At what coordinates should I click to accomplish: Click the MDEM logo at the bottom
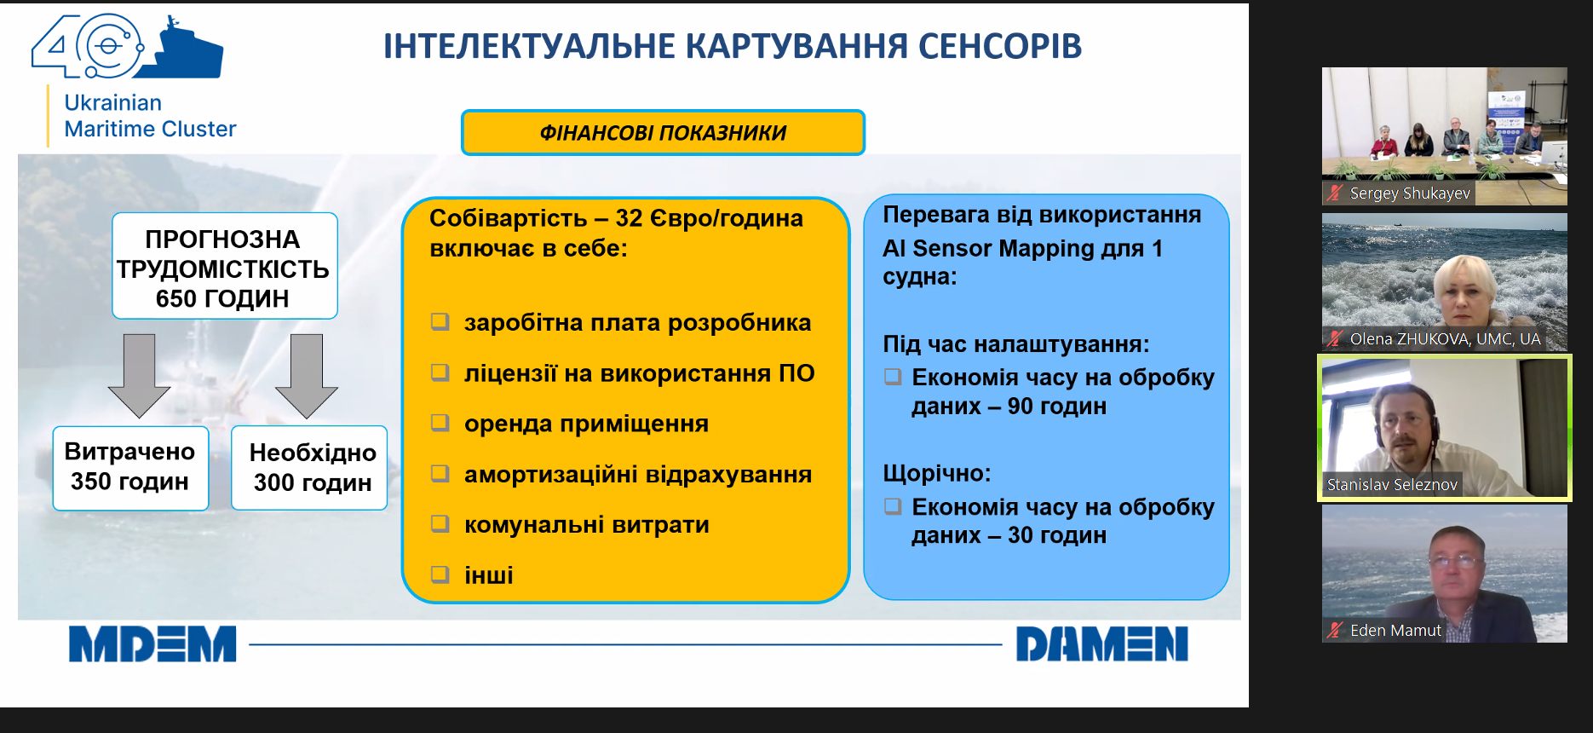[x=152, y=644]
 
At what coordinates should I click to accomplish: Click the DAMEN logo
[x=1101, y=644]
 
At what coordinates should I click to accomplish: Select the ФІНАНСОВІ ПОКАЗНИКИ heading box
[x=663, y=132]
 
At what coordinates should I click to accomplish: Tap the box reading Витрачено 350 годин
[x=130, y=467]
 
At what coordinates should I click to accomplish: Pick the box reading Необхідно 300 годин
[x=309, y=468]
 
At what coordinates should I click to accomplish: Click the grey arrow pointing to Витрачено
[x=140, y=375]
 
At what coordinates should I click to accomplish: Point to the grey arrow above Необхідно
[x=307, y=375]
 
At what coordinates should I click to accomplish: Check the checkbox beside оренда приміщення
[x=440, y=423]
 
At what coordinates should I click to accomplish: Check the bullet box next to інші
[x=440, y=574]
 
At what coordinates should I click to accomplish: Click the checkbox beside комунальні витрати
[x=440, y=523]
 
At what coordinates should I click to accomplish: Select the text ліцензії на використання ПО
[x=639, y=373]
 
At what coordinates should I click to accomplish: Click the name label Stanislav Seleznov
[x=1392, y=485]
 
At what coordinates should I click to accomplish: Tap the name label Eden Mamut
[x=1395, y=631]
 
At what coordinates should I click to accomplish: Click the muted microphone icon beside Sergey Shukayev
[x=1334, y=193]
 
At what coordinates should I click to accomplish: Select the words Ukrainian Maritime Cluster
[x=150, y=116]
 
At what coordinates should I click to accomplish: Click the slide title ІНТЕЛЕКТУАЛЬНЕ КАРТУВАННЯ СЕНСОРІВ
[x=733, y=46]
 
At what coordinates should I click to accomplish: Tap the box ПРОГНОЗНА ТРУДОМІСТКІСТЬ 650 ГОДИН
[x=225, y=266]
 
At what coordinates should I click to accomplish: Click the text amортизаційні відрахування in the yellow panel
[x=638, y=474]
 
